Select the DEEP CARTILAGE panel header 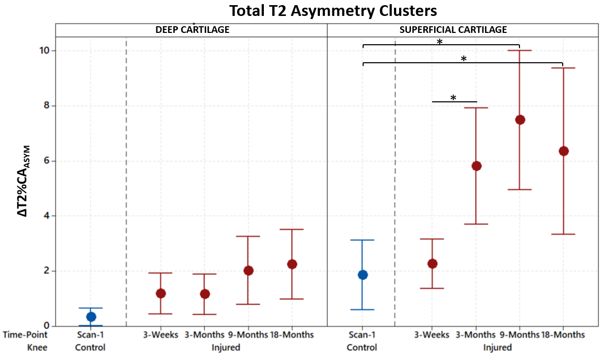click(x=192, y=30)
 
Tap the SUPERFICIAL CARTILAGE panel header click(x=453, y=30)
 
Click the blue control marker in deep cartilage click(x=91, y=317)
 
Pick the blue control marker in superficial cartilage click(x=363, y=275)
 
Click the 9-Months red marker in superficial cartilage click(x=520, y=120)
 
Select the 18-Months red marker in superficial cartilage click(x=563, y=151)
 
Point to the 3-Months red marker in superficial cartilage click(x=476, y=166)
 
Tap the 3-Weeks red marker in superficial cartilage click(x=433, y=264)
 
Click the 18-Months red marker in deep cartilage click(x=292, y=264)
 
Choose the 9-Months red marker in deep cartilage click(x=248, y=271)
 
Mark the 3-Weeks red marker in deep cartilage click(x=160, y=293)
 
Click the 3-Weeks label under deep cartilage click(x=160, y=335)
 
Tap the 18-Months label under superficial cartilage click(x=563, y=335)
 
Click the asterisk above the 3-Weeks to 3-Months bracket click(x=453, y=97)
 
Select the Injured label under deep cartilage click(x=226, y=348)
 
